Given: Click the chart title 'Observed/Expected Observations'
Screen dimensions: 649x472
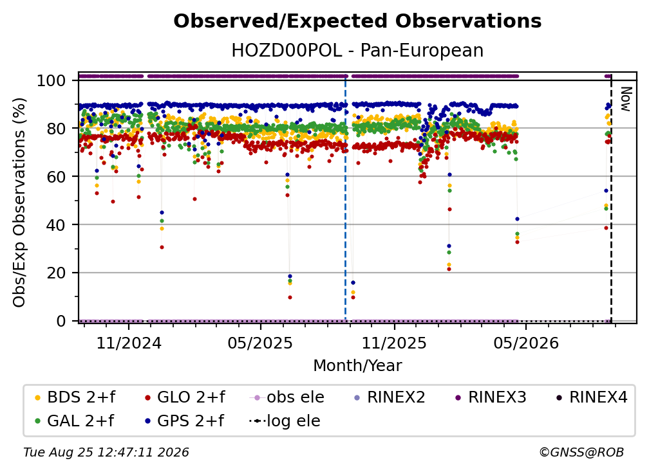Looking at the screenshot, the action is [357, 21].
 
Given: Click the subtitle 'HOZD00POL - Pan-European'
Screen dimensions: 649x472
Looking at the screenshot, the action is [357, 50].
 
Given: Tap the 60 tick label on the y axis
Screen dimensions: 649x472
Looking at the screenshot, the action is [56, 176].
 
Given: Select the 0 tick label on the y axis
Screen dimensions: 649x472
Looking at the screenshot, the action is [61, 321].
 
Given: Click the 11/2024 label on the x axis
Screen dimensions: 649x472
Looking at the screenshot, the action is [129, 343].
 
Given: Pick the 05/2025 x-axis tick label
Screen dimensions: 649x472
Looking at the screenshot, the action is [260, 343].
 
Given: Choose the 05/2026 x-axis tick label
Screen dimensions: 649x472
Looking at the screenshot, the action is [525, 343].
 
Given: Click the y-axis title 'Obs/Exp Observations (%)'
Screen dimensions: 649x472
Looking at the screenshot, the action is [19, 202].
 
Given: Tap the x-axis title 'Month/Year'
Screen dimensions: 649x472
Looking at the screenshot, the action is [357, 366].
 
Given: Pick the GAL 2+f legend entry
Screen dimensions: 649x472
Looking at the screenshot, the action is [75, 421].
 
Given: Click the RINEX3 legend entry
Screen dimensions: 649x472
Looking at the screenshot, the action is [491, 397].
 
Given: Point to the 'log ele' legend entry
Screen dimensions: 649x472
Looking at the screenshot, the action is [285, 421].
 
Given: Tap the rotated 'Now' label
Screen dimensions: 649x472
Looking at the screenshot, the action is [626, 99].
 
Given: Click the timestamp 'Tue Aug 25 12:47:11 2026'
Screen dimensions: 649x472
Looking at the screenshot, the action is [106, 453].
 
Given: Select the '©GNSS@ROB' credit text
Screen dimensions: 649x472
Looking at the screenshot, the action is [581, 453].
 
